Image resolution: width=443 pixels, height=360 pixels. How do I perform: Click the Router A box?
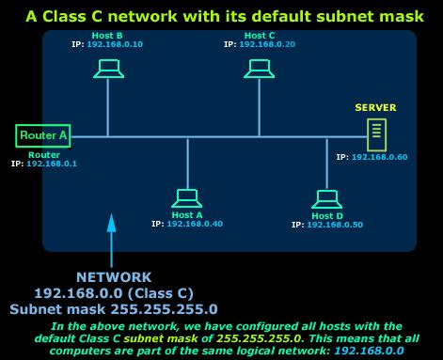(x=43, y=135)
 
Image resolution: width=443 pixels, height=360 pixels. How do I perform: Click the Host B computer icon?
(x=108, y=68)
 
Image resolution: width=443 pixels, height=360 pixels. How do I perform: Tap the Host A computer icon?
(x=186, y=197)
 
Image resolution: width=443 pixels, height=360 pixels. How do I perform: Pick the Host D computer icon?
(x=327, y=198)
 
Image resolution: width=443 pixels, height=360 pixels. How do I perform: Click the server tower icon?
(x=376, y=134)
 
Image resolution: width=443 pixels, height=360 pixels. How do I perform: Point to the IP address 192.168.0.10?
(x=115, y=44)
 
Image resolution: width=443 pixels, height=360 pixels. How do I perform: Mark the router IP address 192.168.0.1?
(x=56, y=164)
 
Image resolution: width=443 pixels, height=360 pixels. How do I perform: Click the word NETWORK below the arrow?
(x=113, y=277)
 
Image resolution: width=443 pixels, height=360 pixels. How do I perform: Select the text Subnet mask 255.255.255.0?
(x=113, y=307)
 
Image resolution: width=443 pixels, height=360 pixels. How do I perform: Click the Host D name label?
(x=328, y=216)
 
